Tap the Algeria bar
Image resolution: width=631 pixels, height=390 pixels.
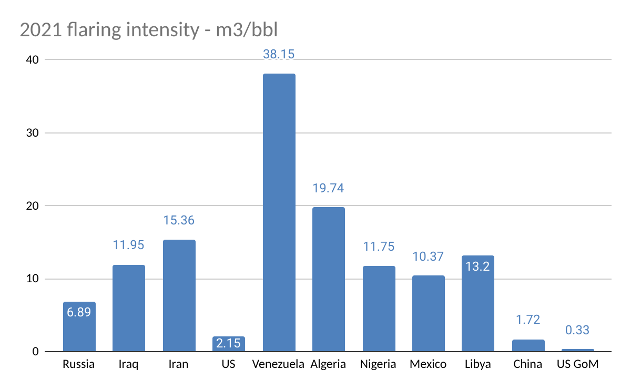[328, 279]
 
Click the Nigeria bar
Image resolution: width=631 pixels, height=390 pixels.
[379, 308]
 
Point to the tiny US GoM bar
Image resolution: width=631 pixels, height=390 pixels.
[577, 350]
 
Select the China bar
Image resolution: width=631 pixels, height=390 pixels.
[528, 345]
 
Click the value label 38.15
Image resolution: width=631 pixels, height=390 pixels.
[279, 54]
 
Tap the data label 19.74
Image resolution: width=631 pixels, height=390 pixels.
[328, 188]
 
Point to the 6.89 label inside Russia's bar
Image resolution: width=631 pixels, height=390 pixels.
[79, 312]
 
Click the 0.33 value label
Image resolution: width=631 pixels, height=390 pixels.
[577, 331]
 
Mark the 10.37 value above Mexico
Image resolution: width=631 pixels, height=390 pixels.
[428, 257]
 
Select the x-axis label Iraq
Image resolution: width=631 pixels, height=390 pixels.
[128, 364]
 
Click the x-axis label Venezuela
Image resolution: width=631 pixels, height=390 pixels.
[278, 364]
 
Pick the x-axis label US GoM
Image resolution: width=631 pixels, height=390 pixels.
[577, 364]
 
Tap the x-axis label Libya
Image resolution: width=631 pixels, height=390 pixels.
[477, 364]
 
